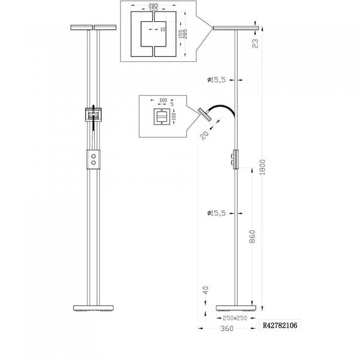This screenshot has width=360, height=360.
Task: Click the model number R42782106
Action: (280, 325)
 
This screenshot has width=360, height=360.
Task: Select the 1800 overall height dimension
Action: (262, 167)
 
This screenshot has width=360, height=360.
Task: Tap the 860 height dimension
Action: (252, 237)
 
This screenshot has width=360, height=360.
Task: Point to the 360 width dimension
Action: (227, 329)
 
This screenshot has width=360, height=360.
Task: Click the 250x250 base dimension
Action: (235, 318)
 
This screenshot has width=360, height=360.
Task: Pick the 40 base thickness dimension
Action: (206, 290)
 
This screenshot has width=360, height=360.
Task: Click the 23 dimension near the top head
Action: (255, 44)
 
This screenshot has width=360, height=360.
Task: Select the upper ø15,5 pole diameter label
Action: (216, 80)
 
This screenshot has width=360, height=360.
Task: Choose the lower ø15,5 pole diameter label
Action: (216, 213)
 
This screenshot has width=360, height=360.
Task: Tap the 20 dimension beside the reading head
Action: (204, 135)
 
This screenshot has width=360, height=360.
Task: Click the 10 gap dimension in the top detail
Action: (163, 30)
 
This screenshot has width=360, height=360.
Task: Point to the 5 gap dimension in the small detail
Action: (172, 104)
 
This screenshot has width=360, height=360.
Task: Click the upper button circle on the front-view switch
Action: (94, 156)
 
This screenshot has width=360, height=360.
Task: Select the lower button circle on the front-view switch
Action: (94, 163)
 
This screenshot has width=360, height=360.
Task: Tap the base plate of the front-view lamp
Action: (94, 308)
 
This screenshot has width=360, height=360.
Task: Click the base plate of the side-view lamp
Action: (236, 308)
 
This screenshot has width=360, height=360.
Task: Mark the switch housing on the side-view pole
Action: (235, 159)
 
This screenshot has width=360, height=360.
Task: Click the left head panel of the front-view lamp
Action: (81, 28)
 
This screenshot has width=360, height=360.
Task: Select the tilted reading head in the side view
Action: (204, 114)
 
